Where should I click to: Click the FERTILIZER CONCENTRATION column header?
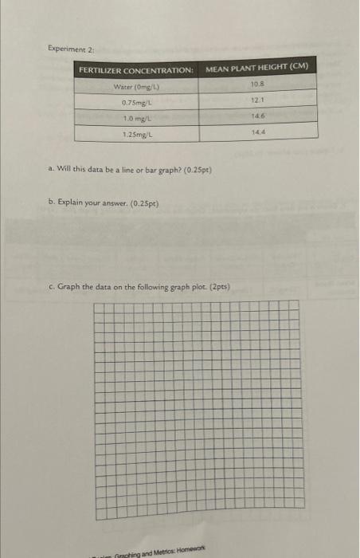point(135,71)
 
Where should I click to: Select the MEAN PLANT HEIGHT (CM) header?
point(257,67)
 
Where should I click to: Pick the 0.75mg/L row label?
point(136,102)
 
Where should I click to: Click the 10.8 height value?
point(256,83)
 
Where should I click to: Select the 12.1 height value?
point(256,99)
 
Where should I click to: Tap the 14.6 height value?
point(256,115)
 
